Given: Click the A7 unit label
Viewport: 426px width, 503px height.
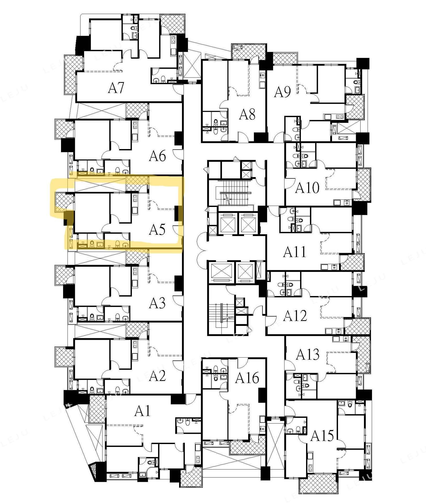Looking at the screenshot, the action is click(116, 88).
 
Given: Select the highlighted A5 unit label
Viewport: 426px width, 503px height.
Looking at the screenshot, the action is click(157, 230).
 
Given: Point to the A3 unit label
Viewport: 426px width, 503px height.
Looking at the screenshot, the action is click(157, 303).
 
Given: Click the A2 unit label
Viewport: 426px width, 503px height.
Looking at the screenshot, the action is click(157, 376).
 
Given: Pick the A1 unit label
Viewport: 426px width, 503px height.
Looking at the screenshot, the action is click(143, 411).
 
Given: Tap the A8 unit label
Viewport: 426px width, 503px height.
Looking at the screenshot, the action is click(247, 114).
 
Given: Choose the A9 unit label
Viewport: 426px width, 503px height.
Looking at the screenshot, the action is click(282, 92).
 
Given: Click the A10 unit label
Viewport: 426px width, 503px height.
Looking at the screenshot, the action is click(307, 188).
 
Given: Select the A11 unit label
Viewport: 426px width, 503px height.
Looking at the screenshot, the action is click(295, 252).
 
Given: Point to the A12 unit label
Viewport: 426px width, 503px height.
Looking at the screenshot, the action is click(295, 316).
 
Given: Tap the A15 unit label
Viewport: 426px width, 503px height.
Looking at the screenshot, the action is click(322, 436).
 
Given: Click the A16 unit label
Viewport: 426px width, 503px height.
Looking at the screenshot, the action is click(247, 378).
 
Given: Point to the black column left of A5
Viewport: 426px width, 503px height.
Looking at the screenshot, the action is click(69, 218).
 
